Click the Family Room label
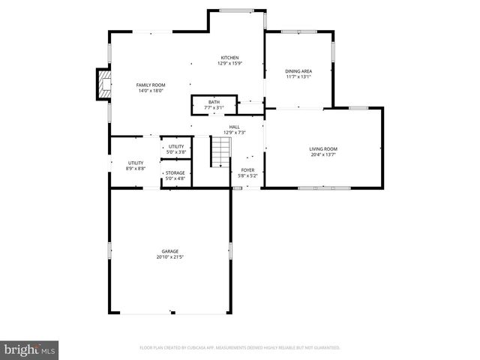tap(150, 85)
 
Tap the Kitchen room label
tap(229, 58)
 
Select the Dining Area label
tap(298, 71)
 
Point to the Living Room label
tap(323, 148)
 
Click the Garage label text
tap(170, 251)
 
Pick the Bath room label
tap(214, 102)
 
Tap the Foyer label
tap(247, 169)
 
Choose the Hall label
tap(235, 127)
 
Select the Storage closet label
tap(175, 173)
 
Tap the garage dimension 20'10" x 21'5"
tap(170, 257)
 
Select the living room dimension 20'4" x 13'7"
tap(323, 154)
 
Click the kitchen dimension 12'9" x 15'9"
tap(229, 64)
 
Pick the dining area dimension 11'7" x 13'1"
tap(298, 76)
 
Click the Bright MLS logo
tap(30, 349)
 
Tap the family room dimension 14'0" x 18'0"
tap(150, 91)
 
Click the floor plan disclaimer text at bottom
tap(240, 348)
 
